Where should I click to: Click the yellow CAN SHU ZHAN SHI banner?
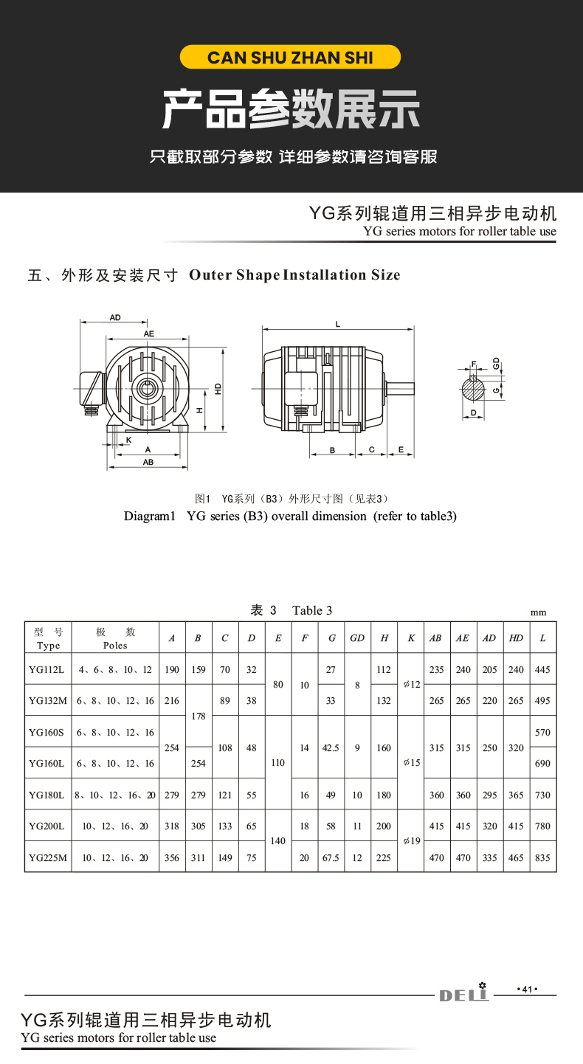click(x=291, y=57)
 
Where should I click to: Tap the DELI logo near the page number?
click(x=465, y=995)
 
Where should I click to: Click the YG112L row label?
click(x=48, y=670)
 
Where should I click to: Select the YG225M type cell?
click(x=48, y=857)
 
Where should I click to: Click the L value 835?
click(x=542, y=857)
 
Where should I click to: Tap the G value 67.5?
click(x=331, y=857)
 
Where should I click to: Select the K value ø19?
click(x=411, y=840)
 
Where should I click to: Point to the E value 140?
click(x=277, y=840)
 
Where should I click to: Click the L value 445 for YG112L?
click(x=542, y=670)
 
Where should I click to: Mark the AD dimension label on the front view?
click(x=115, y=318)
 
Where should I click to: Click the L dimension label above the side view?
click(x=337, y=324)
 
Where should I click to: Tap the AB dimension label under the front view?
click(x=148, y=462)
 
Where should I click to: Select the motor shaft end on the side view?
click(x=400, y=387)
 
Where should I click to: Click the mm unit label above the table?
click(x=538, y=612)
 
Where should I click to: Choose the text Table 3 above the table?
click(x=312, y=610)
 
